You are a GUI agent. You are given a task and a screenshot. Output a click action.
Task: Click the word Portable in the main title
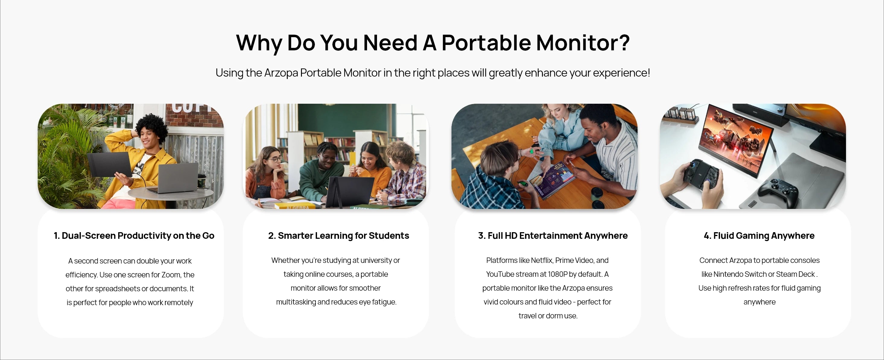point(486,43)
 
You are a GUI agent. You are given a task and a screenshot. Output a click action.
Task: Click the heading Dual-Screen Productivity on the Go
point(134,235)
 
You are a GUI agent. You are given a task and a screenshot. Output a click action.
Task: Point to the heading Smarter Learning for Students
point(338,235)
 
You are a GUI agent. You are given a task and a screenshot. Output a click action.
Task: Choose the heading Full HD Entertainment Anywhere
point(553,235)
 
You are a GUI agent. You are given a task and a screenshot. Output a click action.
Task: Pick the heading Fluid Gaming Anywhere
point(759,235)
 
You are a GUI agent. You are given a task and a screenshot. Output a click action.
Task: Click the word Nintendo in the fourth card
point(727,274)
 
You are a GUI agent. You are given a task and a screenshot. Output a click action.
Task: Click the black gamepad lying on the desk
point(778,190)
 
